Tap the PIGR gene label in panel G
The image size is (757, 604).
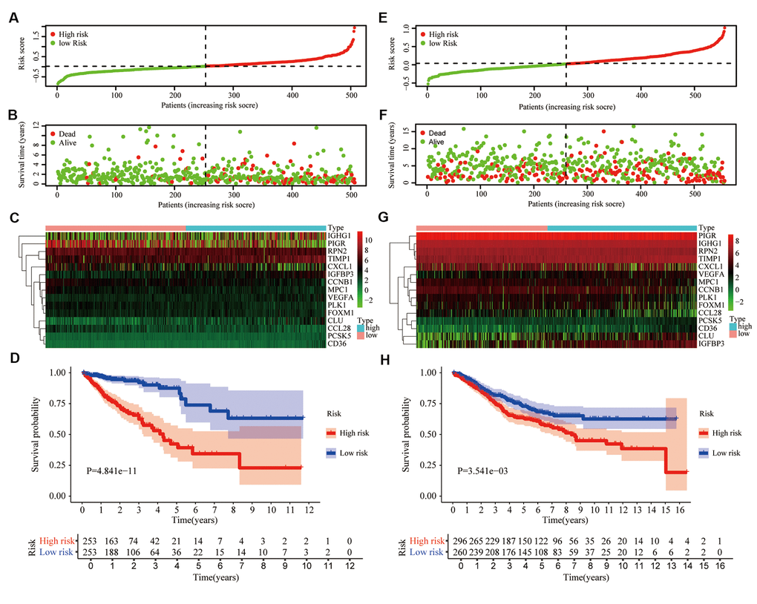click(708, 236)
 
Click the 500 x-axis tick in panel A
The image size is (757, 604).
click(352, 95)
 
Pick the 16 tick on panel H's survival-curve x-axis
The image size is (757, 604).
click(687, 511)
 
